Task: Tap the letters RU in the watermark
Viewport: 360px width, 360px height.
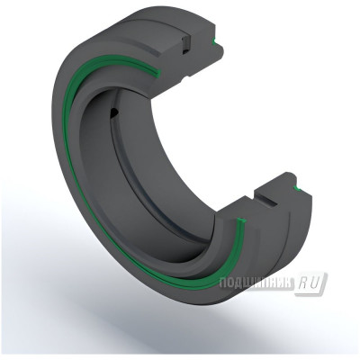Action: click(315, 283)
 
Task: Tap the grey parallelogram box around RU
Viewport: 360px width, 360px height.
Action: click(314, 283)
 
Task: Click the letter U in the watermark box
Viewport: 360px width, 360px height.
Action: click(320, 283)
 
